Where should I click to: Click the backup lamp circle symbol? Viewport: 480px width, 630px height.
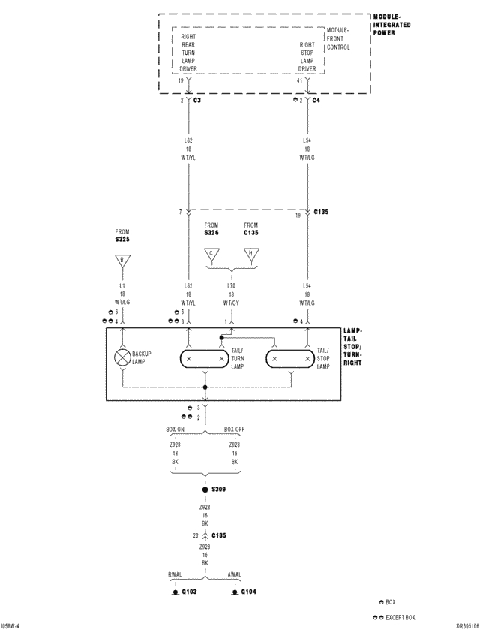122,358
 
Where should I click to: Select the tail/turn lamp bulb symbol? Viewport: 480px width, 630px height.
205,359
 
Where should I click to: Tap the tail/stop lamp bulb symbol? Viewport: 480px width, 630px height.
291,359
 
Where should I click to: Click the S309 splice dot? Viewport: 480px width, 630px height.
205,490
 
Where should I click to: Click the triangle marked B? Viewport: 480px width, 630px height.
122,261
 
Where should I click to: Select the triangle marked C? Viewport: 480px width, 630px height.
211,255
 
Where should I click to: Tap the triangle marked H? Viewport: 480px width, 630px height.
250,255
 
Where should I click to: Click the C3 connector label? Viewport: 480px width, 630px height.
197,99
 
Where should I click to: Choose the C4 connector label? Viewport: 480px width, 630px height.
316,99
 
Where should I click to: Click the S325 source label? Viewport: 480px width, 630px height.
122,240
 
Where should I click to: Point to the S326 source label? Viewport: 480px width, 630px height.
211,233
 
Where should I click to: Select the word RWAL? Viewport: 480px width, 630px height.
175,574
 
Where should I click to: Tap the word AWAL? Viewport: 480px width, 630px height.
234,574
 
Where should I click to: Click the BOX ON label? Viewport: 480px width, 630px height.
175,430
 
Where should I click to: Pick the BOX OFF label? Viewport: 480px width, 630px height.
235,430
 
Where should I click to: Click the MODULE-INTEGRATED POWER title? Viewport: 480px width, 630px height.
391,25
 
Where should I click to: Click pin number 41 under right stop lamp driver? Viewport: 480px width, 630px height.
300,80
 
